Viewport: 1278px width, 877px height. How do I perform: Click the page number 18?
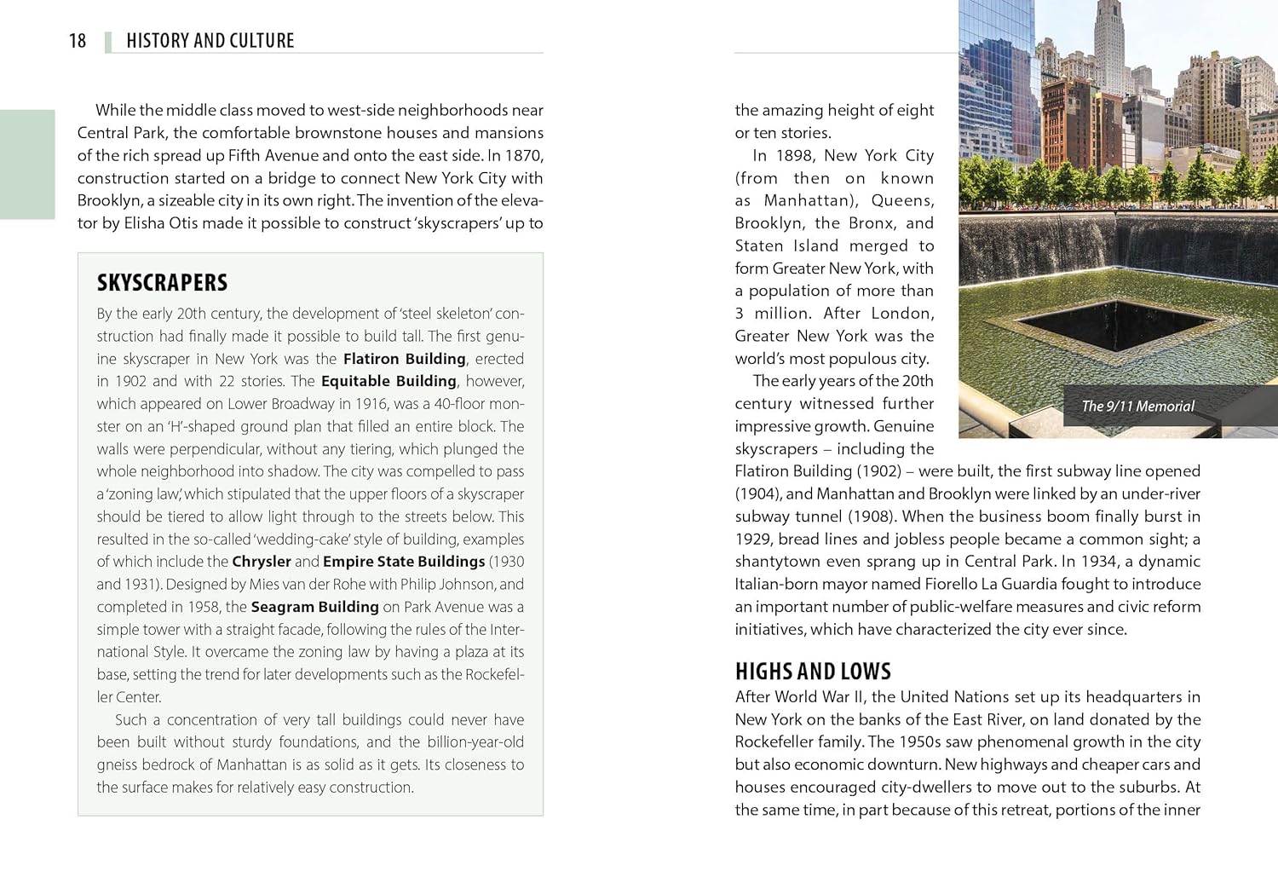(78, 41)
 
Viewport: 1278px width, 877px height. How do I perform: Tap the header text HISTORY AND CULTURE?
(210, 41)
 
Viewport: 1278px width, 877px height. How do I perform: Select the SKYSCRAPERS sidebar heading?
(162, 283)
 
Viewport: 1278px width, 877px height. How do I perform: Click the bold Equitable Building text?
(389, 381)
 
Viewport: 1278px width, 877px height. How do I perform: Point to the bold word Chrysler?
(262, 562)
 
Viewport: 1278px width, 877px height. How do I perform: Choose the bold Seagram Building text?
(314, 607)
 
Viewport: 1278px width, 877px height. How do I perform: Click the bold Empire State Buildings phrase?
(404, 562)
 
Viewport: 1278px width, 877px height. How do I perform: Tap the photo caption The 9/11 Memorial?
(1137, 407)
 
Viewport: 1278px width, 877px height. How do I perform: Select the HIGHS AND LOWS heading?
(813, 672)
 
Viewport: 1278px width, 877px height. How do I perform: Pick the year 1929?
(753, 539)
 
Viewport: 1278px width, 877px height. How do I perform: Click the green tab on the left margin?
(27, 164)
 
